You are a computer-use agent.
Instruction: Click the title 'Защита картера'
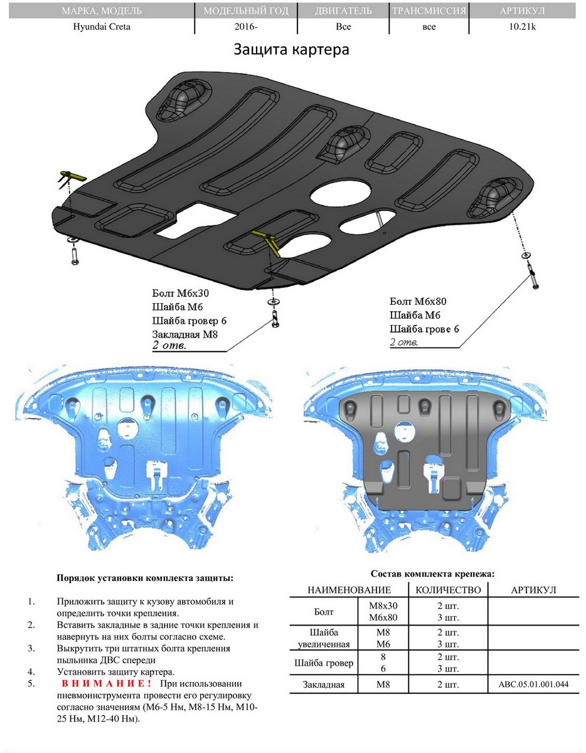point(291,50)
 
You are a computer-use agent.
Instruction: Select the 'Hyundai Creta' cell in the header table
point(102,27)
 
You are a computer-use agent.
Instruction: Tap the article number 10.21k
point(522,27)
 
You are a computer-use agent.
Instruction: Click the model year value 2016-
point(246,27)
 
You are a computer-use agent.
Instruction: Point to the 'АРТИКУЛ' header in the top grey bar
point(522,11)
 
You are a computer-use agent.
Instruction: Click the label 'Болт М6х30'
point(181,293)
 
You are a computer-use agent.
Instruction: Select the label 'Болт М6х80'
point(418,301)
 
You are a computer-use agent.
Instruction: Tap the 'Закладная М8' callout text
point(185,334)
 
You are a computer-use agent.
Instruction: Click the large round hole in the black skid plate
point(341,193)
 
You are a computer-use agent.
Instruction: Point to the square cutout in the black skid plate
point(196,221)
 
